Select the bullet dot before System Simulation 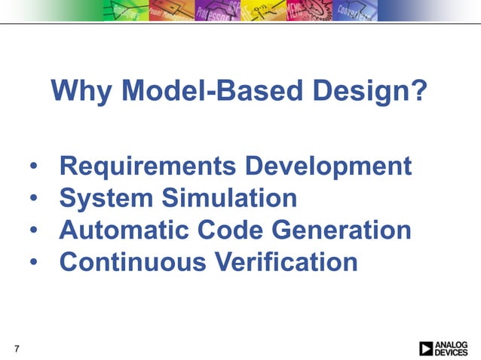[x=35, y=200]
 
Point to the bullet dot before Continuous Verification [x=35, y=263]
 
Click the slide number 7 [x=17, y=348]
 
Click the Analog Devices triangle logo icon [x=427, y=348]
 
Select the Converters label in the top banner [x=351, y=11]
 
